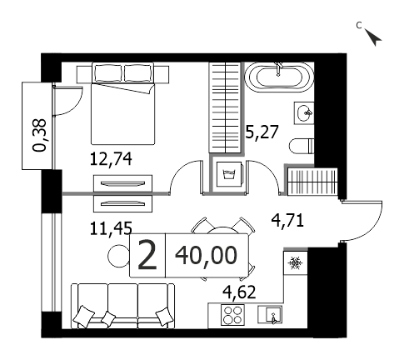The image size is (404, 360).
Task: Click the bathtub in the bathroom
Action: point(279,77)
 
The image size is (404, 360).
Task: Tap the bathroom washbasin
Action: point(304,113)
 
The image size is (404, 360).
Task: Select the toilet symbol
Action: point(302,146)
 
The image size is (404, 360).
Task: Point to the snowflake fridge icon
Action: point(295,263)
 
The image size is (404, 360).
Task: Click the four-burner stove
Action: point(232,315)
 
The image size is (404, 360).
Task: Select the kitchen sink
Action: point(270,314)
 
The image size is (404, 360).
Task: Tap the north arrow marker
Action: point(373,37)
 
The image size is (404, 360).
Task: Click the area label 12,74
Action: point(111,159)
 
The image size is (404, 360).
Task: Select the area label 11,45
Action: point(111,228)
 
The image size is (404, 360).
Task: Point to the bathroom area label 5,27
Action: point(262,132)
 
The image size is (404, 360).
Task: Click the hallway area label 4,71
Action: point(287,221)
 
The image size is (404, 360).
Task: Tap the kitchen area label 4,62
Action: point(239,292)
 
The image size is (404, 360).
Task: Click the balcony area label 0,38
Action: point(39,135)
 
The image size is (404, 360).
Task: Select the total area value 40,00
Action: point(207,256)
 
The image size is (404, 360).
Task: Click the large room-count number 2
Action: point(147,255)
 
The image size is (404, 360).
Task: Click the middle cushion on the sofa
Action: point(108,318)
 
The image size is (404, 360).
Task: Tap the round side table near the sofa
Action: point(118,256)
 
